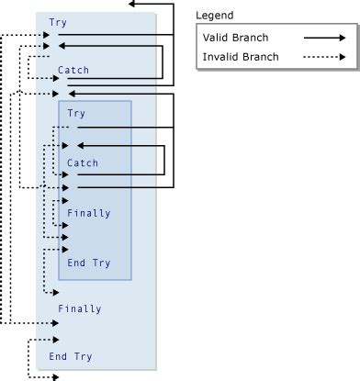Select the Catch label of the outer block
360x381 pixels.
tap(73, 70)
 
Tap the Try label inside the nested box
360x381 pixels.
tap(77, 113)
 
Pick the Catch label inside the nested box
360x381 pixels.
tap(83, 162)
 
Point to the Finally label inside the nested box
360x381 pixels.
tap(89, 213)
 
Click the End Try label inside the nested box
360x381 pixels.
tap(89, 263)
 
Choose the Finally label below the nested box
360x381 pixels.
tap(79, 308)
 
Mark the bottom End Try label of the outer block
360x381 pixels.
tap(71, 356)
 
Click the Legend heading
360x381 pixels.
tap(214, 16)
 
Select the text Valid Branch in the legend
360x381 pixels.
tap(237, 39)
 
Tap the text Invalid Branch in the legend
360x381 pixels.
tap(241, 58)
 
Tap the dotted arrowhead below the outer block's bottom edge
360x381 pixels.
tap(57, 375)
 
